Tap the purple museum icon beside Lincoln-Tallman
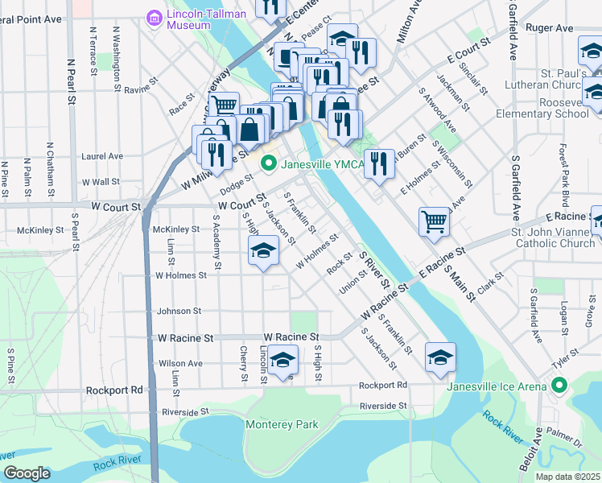[153, 17]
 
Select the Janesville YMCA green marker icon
[268, 165]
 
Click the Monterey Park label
[282, 424]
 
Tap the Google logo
[27, 473]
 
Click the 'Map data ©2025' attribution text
[567, 477]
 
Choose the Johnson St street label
[179, 311]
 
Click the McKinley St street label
[175, 229]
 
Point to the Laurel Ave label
[102, 155]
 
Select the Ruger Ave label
[549, 27]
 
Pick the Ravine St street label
[140, 89]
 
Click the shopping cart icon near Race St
[224, 105]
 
